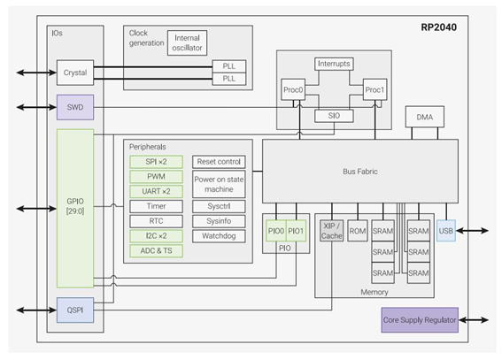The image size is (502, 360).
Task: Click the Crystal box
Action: (x=75, y=73)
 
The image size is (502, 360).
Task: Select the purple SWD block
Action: (x=75, y=107)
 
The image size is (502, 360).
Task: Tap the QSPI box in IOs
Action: (x=75, y=310)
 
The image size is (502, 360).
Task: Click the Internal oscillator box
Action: (x=188, y=42)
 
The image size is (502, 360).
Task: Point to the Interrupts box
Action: (x=334, y=64)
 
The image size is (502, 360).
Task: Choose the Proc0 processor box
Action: (x=293, y=89)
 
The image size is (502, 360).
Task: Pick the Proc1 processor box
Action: (x=375, y=89)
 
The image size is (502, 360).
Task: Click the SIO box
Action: (x=334, y=116)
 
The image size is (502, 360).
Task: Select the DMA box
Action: (x=424, y=117)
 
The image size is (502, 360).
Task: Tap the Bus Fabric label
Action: (x=360, y=172)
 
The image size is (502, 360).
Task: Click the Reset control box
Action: (x=219, y=162)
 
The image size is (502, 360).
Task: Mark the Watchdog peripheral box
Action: (x=219, y=236)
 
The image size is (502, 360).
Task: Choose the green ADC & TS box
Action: (x=156, y=250)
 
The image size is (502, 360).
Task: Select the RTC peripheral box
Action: (x=156, y=221)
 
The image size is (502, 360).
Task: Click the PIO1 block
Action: (x=296, y=231)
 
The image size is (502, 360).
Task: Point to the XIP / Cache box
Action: (x=332, y=231)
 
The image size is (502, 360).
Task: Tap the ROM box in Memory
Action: (x=358, y=231)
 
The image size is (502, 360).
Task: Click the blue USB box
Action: (x=446, y=231)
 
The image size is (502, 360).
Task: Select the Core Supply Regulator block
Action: (x=420, y=320)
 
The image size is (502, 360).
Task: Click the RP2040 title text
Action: (x=438, y=27)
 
